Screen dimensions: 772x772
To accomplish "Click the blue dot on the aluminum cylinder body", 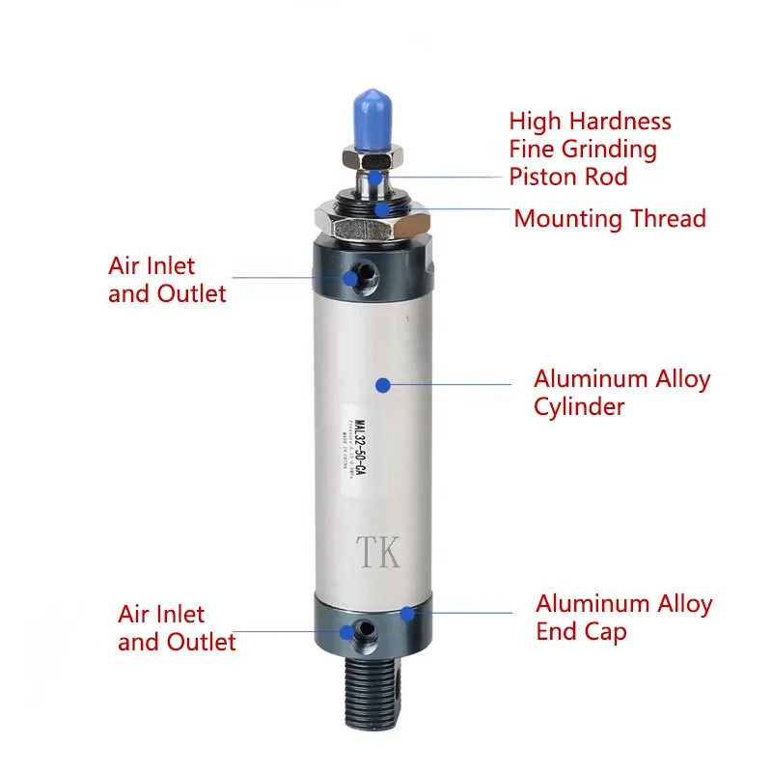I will [x=383, y=384].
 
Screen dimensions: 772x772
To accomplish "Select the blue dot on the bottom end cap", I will [x=408, y=612].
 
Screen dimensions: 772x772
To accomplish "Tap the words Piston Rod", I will [x=568, y=177].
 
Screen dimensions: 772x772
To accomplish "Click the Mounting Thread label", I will [x=610, y=218].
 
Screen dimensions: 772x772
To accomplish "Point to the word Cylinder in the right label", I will [x=579, y=406].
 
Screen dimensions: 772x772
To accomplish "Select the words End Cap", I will [x=581, y=632].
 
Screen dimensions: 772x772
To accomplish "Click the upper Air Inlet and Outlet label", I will [x=167, y=280].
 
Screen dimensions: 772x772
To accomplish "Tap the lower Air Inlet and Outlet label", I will [x=177, y=628].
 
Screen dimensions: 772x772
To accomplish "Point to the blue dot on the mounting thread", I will [x=383, y=207].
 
